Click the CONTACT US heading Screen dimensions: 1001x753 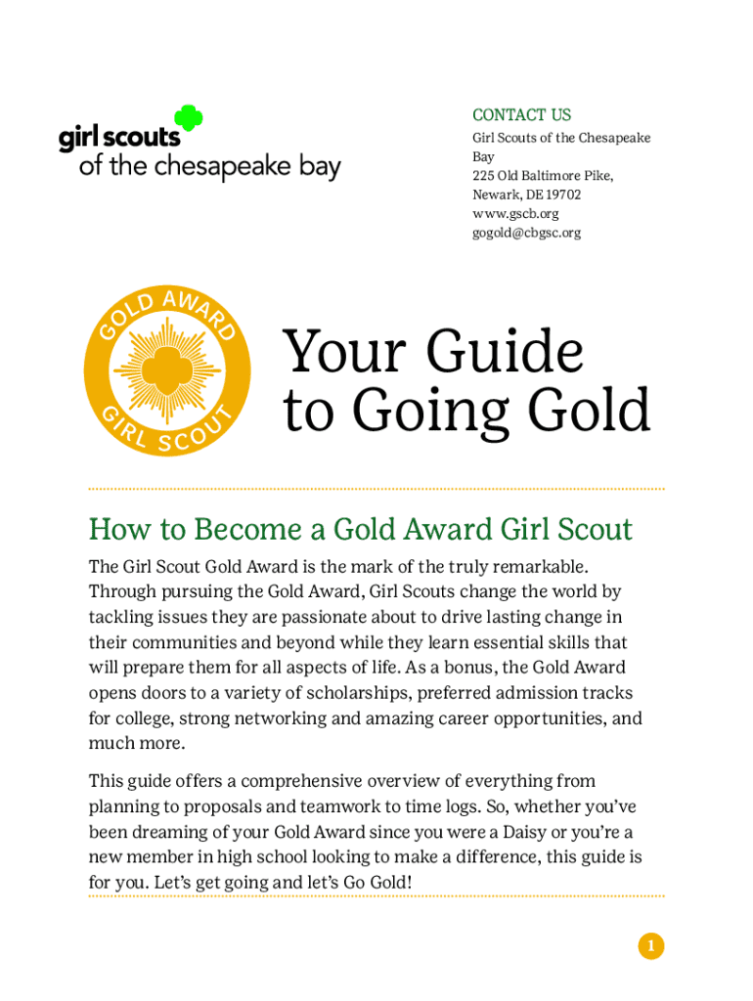521,114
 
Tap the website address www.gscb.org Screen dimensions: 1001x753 515,214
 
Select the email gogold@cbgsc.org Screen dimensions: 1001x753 526,233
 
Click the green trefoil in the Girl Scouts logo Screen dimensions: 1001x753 189,119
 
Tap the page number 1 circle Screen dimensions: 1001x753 650,945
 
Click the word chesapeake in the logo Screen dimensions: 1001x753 209,167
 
